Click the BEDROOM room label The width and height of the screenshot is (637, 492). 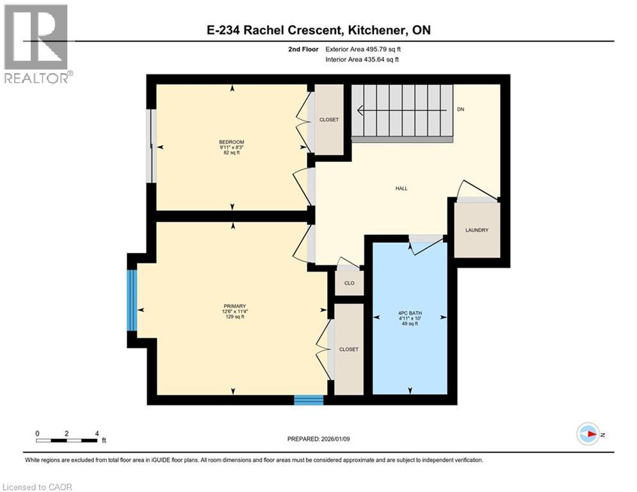(231, 142)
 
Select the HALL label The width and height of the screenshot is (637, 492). (401, 188)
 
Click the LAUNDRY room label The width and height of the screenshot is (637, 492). (477, 230)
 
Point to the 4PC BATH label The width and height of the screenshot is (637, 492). (410, 314)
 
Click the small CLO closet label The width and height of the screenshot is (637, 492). (349, 283)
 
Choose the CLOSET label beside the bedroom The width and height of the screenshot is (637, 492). (329, 120)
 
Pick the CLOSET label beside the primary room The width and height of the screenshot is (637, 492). (349, 349)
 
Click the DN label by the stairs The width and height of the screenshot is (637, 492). (460, 110)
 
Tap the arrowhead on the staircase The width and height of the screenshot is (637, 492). (360, 110)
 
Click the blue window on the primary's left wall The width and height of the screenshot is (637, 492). (132, 300)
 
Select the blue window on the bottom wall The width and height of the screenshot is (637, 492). (309, 400)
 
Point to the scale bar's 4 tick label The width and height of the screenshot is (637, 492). (96, 433)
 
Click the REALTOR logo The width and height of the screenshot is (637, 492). (36, 44)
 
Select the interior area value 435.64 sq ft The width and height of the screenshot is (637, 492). (385, 60)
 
